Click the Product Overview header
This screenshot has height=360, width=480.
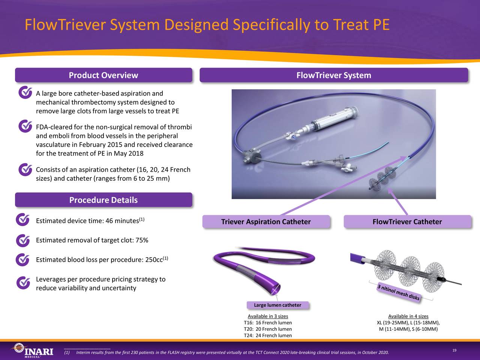103,75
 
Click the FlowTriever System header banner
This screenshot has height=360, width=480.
334,75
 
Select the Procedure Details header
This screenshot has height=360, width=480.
103,200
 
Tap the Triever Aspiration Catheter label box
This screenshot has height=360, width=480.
266,222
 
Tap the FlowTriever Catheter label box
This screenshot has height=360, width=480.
407,222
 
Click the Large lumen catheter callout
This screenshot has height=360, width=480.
277,305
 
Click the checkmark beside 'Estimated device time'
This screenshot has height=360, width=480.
23,220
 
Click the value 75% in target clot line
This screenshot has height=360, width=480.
142,240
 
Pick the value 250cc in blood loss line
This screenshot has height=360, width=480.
153,260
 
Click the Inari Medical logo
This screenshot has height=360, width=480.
31,351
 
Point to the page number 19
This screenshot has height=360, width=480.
454,351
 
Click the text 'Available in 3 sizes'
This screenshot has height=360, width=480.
268,316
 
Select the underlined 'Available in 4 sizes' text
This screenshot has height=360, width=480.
408,316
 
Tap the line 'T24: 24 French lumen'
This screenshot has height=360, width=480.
268,336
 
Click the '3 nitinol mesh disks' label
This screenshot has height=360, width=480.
398,292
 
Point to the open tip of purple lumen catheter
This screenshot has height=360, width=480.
276,289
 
